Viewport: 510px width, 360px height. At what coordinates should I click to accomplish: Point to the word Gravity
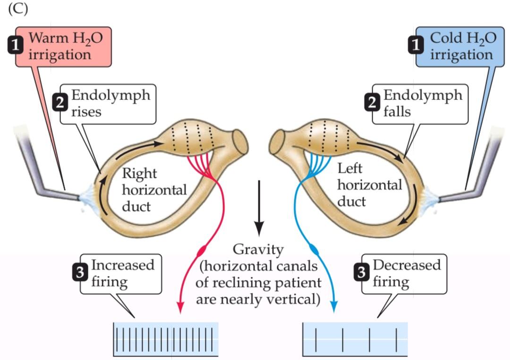click(258, 249)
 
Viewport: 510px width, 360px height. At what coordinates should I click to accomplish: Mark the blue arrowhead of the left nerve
click(335, 307)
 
